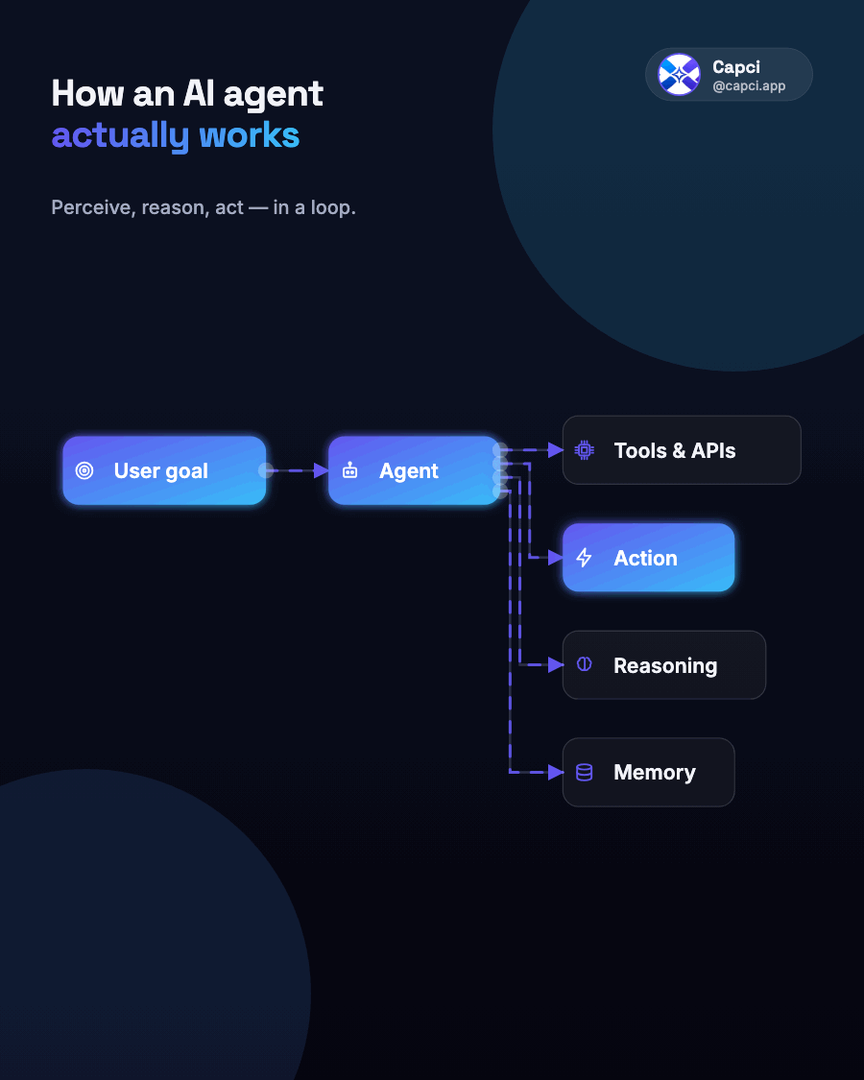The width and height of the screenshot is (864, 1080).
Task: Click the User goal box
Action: [164, 470]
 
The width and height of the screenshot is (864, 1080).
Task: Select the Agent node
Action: [415, 470]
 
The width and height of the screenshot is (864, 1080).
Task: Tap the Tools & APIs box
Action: [682, 450]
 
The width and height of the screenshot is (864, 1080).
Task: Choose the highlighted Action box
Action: [648, 557]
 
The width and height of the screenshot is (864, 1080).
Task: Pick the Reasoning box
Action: [664, 664]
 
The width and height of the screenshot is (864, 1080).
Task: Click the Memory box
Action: [648, 772]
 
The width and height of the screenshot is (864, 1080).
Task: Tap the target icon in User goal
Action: [84, 470]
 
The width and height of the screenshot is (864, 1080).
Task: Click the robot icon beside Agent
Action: [350, 470]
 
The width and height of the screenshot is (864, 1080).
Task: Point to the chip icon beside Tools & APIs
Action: [585, 450]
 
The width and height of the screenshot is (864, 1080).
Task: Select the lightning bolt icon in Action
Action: [585, 557]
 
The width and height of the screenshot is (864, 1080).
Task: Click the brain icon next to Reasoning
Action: [585, 664]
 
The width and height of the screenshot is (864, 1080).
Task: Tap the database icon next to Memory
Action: [585, 772]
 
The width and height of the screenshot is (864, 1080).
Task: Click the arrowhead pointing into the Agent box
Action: [321, 470]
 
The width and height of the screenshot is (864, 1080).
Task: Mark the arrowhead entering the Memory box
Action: [556, 772]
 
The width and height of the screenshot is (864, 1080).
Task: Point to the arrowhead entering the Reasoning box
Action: [556, 664]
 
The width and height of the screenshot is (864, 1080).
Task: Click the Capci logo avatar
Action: [679, 74]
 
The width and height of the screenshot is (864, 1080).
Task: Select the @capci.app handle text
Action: [749, 86]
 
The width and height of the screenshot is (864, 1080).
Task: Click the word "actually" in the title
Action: [120, 135]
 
